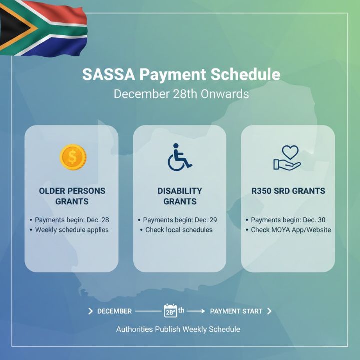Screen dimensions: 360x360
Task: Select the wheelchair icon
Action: click(179, 158)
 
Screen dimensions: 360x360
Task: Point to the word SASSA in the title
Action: click(108, 75)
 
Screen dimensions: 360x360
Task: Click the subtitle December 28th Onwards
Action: click(181, 94)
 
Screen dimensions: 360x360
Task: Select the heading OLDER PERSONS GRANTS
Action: click(72, 196)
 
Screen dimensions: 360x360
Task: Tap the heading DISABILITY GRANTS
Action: click(180, 196)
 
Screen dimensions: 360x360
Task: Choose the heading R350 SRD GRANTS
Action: click(288, 191)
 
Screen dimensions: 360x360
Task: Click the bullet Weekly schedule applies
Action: click(72, 230)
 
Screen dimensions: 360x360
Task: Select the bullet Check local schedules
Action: click(179, 230)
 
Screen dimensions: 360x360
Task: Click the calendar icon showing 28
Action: click(170, 311)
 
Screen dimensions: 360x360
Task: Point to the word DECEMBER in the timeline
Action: click(114, 311)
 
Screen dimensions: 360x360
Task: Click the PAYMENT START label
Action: click(236, 311)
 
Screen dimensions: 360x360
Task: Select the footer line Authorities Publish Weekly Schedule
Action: click(178, 329)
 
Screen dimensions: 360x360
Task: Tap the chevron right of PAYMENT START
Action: click(269, 311)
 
